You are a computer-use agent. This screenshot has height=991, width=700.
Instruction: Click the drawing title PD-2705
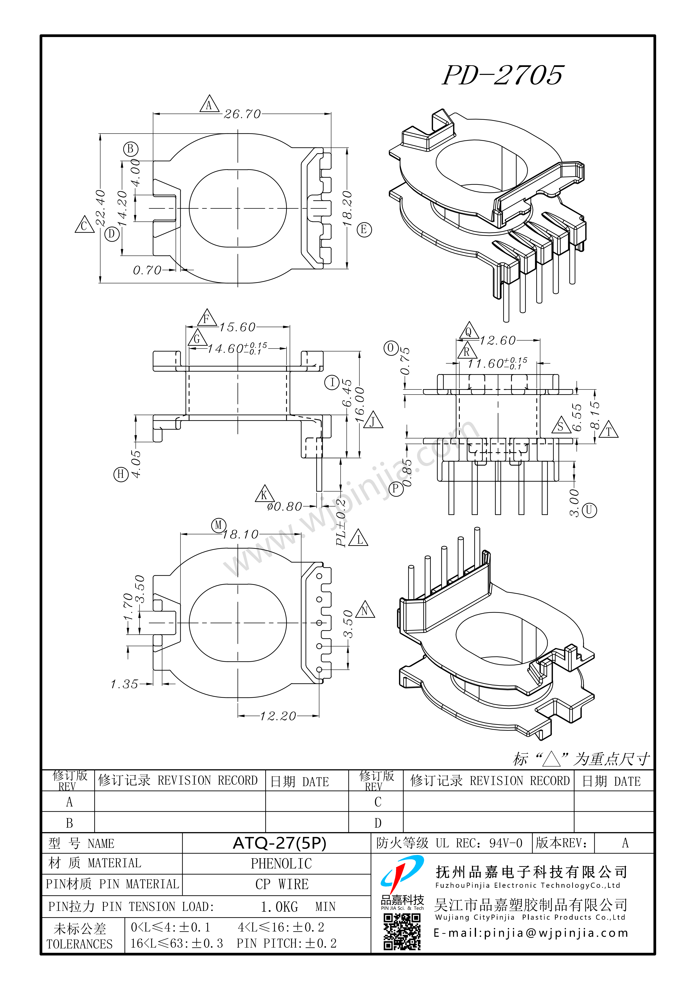503,75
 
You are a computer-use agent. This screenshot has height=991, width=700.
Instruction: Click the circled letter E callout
364,230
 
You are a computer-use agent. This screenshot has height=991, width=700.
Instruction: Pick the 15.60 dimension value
237,327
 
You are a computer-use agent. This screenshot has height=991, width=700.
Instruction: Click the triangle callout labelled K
264,494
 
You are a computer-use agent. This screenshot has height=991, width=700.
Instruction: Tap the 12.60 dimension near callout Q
498,341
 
